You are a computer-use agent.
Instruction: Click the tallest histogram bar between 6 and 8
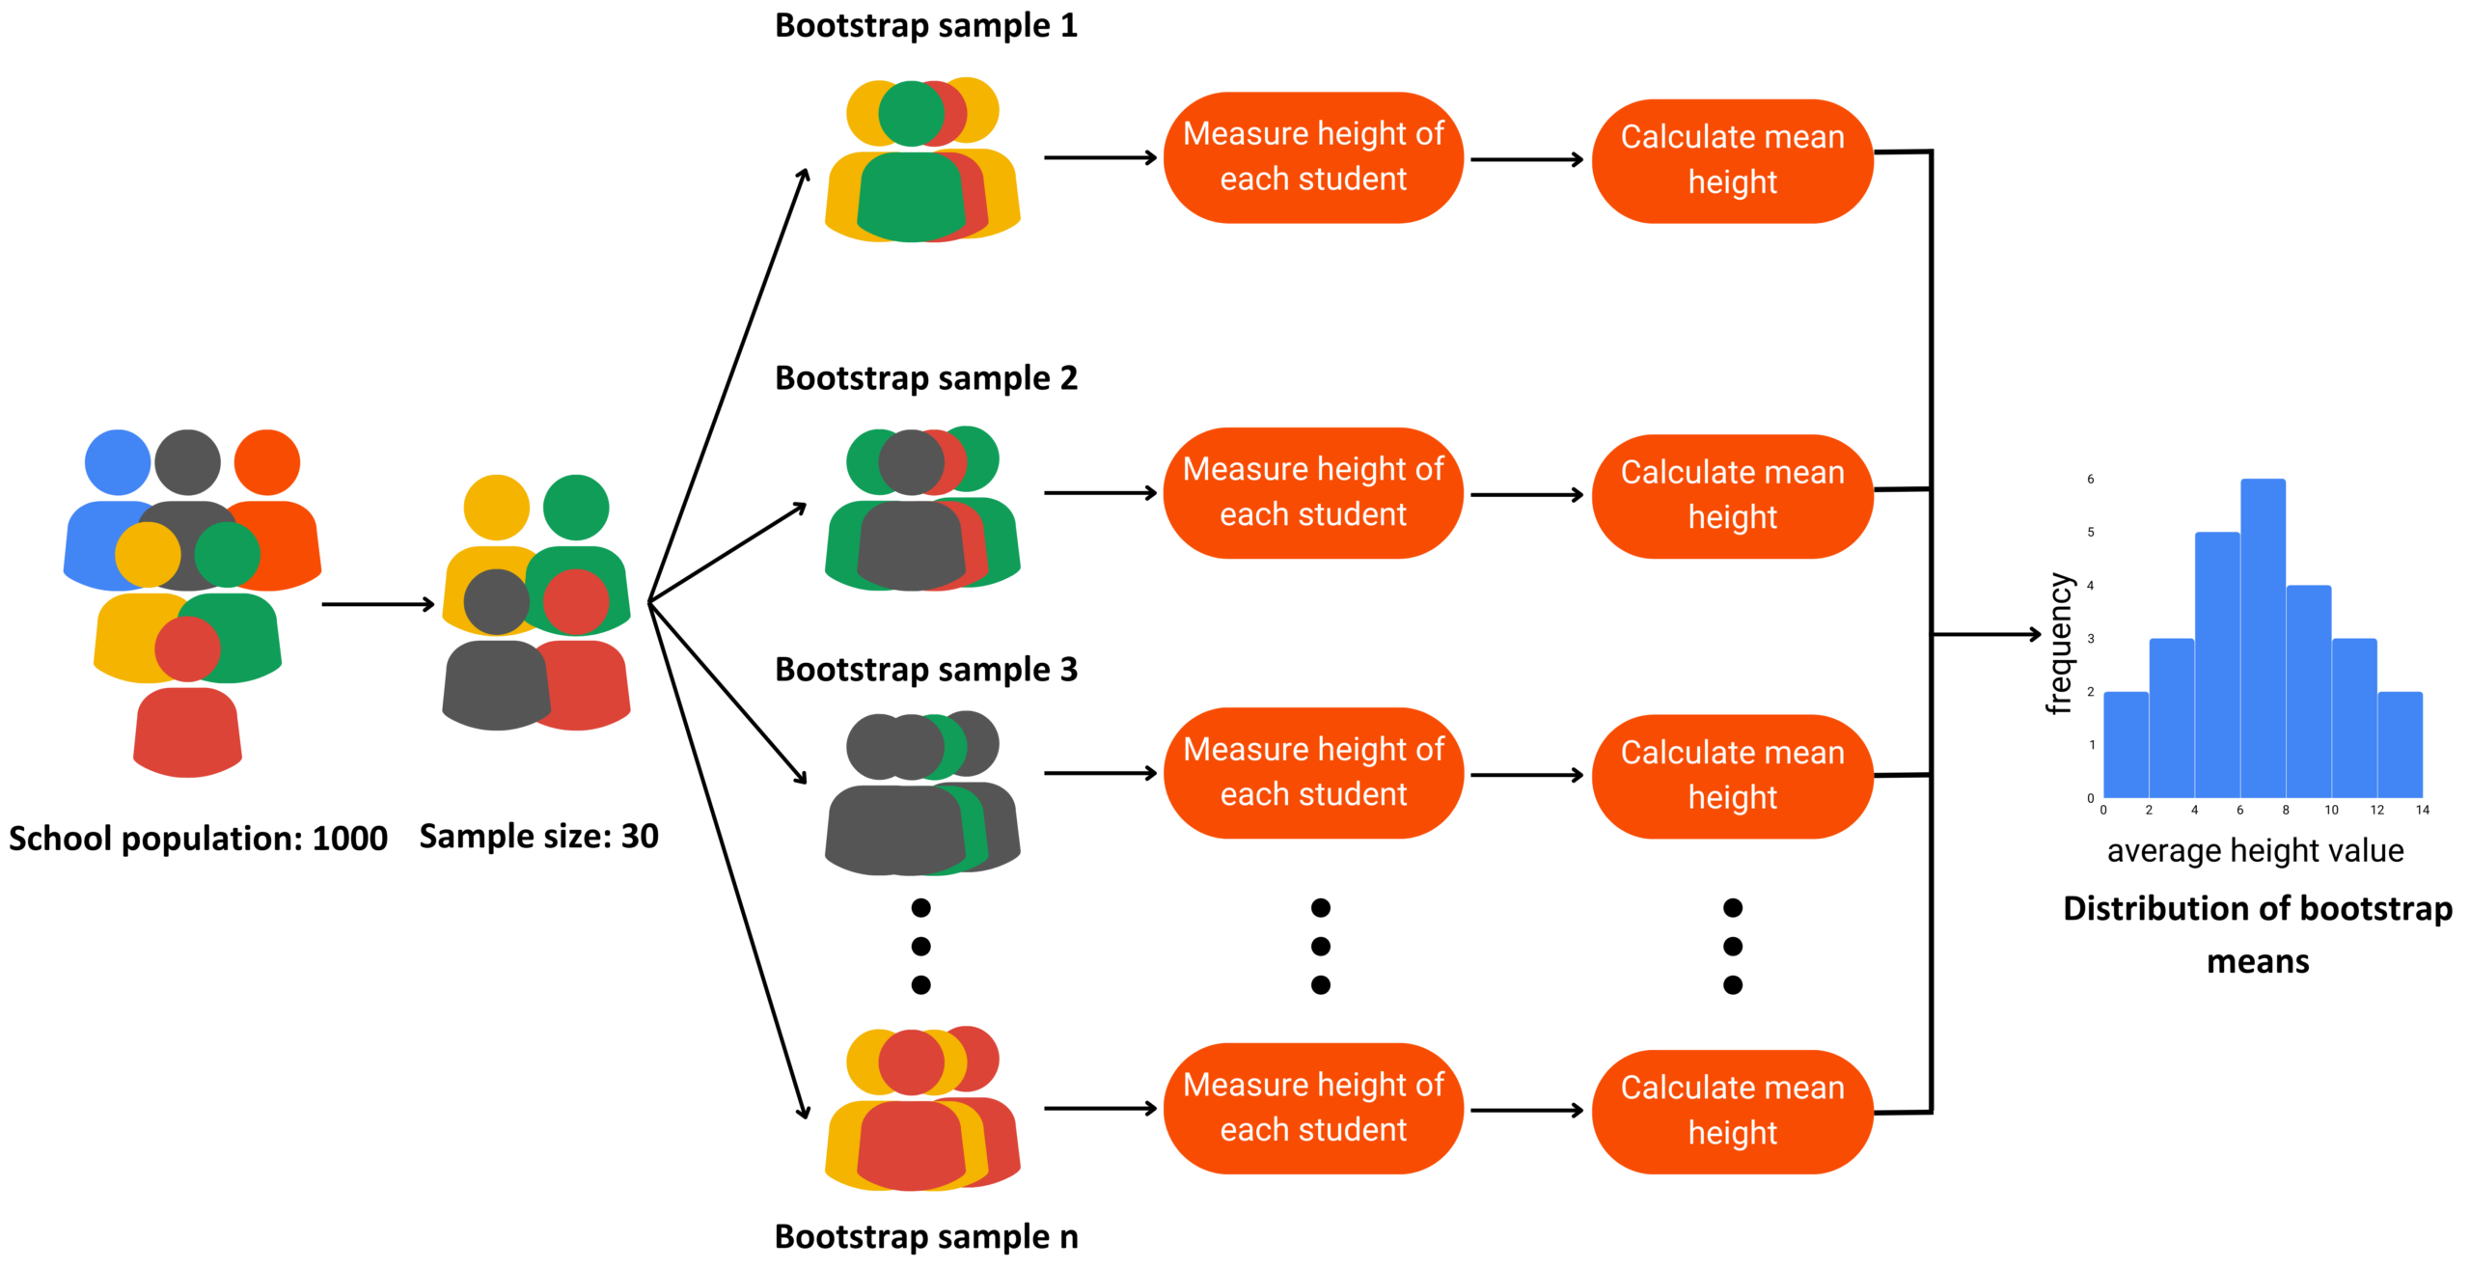point(2262,637)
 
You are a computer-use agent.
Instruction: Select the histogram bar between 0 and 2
point(2125,744)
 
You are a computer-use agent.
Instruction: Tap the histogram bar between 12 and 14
point(2399,744)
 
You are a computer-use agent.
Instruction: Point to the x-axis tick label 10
point(2330,811)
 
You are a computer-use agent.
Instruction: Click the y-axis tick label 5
point(2091,532)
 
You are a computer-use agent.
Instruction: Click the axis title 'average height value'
point(2255,851)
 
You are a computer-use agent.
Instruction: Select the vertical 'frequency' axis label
point(2059,644)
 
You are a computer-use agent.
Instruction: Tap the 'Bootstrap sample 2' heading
point(925,378)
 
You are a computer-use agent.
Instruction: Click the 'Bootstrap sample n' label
point(925,1236)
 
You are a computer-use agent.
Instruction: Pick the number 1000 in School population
point(349,839)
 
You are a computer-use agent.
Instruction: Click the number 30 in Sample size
point(639,836)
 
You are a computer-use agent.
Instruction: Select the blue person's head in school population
point(118,462)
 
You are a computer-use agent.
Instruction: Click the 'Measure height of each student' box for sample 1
point(1312,157)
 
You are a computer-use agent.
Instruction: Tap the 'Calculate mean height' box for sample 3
point(1731,775)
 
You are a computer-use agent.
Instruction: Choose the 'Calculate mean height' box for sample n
point(1731,1111)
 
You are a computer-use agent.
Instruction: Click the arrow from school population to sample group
point(378,604)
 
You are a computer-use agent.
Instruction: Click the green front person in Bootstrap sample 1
point(911,183)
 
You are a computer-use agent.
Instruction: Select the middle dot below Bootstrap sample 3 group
point(920,946)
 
